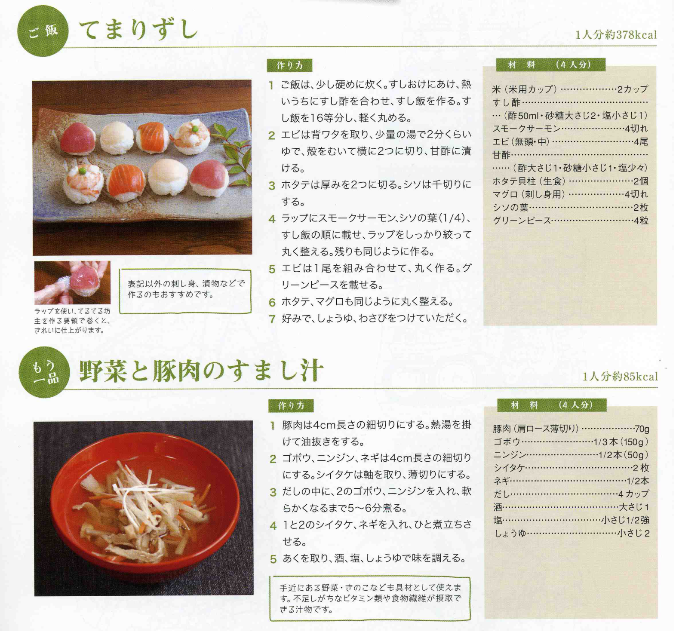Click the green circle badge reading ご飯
point(43,31)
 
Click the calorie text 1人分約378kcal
point(616,35)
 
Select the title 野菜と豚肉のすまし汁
point(201,371)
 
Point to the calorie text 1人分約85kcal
point(620,377)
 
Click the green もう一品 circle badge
point(44,372)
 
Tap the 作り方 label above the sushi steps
point(289,65)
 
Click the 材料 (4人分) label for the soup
point(552,405)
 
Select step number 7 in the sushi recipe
point(272,319)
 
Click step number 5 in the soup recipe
point(273,559)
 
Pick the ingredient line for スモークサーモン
point(570,129)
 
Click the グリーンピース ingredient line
point(570,221)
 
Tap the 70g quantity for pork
point(642,429)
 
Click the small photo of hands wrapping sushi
point(72,282)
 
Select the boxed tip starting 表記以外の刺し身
point(185,291)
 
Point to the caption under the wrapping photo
point(72,321)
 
